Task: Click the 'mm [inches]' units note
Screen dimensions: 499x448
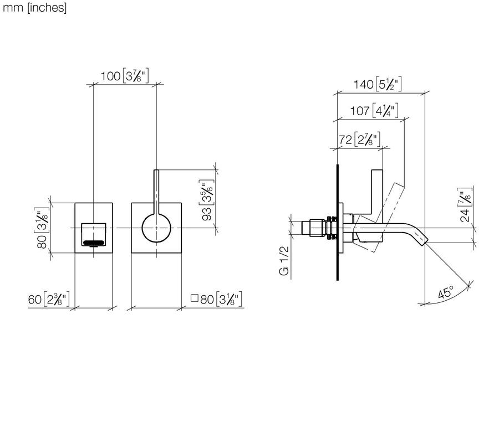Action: coord(34,8)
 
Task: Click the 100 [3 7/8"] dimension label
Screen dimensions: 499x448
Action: coord(124,76)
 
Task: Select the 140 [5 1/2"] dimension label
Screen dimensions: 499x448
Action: coord(378,84)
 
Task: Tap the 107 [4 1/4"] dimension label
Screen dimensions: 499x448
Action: coord(374,111)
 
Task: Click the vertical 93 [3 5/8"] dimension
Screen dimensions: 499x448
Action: coord(207,200)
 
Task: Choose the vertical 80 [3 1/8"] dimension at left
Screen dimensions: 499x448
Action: coord(42,228)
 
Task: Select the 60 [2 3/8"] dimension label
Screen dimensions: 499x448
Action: coord(49,299)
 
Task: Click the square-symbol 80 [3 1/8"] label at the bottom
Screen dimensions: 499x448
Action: coord(216,299)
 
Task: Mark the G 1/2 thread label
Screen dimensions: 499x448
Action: coord(284,260)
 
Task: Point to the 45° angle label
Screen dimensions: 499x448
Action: coord(446,292)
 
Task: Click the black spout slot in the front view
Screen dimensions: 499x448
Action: coord(94,243)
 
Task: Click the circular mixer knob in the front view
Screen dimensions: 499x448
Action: coord(156,228)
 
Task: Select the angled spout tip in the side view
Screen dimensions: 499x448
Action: coord(422,240)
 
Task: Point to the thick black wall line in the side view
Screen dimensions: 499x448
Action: coord(337,222)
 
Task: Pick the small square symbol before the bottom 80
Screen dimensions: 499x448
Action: coord(194,298)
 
